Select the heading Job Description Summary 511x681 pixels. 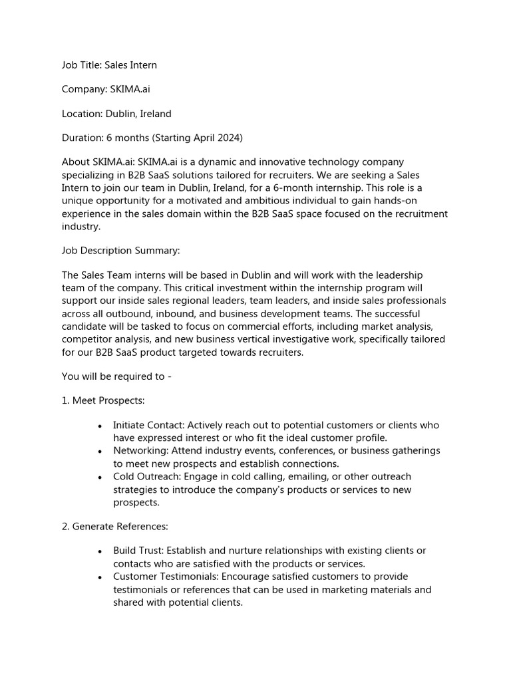(120, 251)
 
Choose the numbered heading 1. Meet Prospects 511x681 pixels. (103, 400)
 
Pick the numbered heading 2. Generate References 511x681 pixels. (114, 526)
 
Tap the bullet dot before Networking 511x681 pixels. (99, 452)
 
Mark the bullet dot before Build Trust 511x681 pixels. (99, 551)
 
